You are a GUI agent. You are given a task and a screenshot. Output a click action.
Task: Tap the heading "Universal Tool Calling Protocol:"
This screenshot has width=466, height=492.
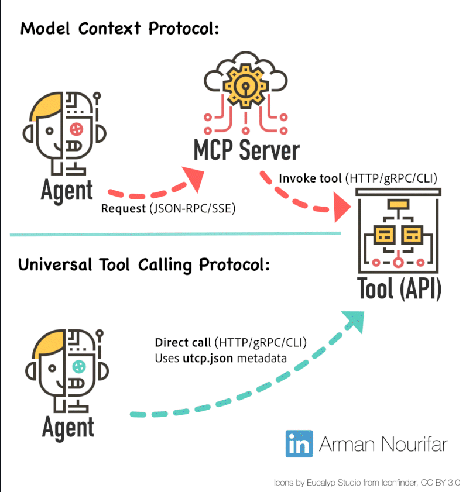point(143,264)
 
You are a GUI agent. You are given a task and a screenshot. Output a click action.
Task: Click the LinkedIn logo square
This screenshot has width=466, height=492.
point(299,443)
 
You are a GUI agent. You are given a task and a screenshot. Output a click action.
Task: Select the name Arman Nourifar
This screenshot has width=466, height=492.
point(383,444)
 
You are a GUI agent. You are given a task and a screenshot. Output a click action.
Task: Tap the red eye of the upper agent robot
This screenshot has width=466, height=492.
point(76,128)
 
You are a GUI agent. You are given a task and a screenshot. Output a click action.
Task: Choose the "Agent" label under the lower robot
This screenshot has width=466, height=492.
point(68,428)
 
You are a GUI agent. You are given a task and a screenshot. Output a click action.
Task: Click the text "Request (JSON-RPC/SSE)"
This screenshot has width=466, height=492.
point(168,208)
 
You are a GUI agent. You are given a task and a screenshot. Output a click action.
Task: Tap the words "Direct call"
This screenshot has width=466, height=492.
point(183,342)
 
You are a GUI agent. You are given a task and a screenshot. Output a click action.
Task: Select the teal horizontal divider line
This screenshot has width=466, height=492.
point(176,234)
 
